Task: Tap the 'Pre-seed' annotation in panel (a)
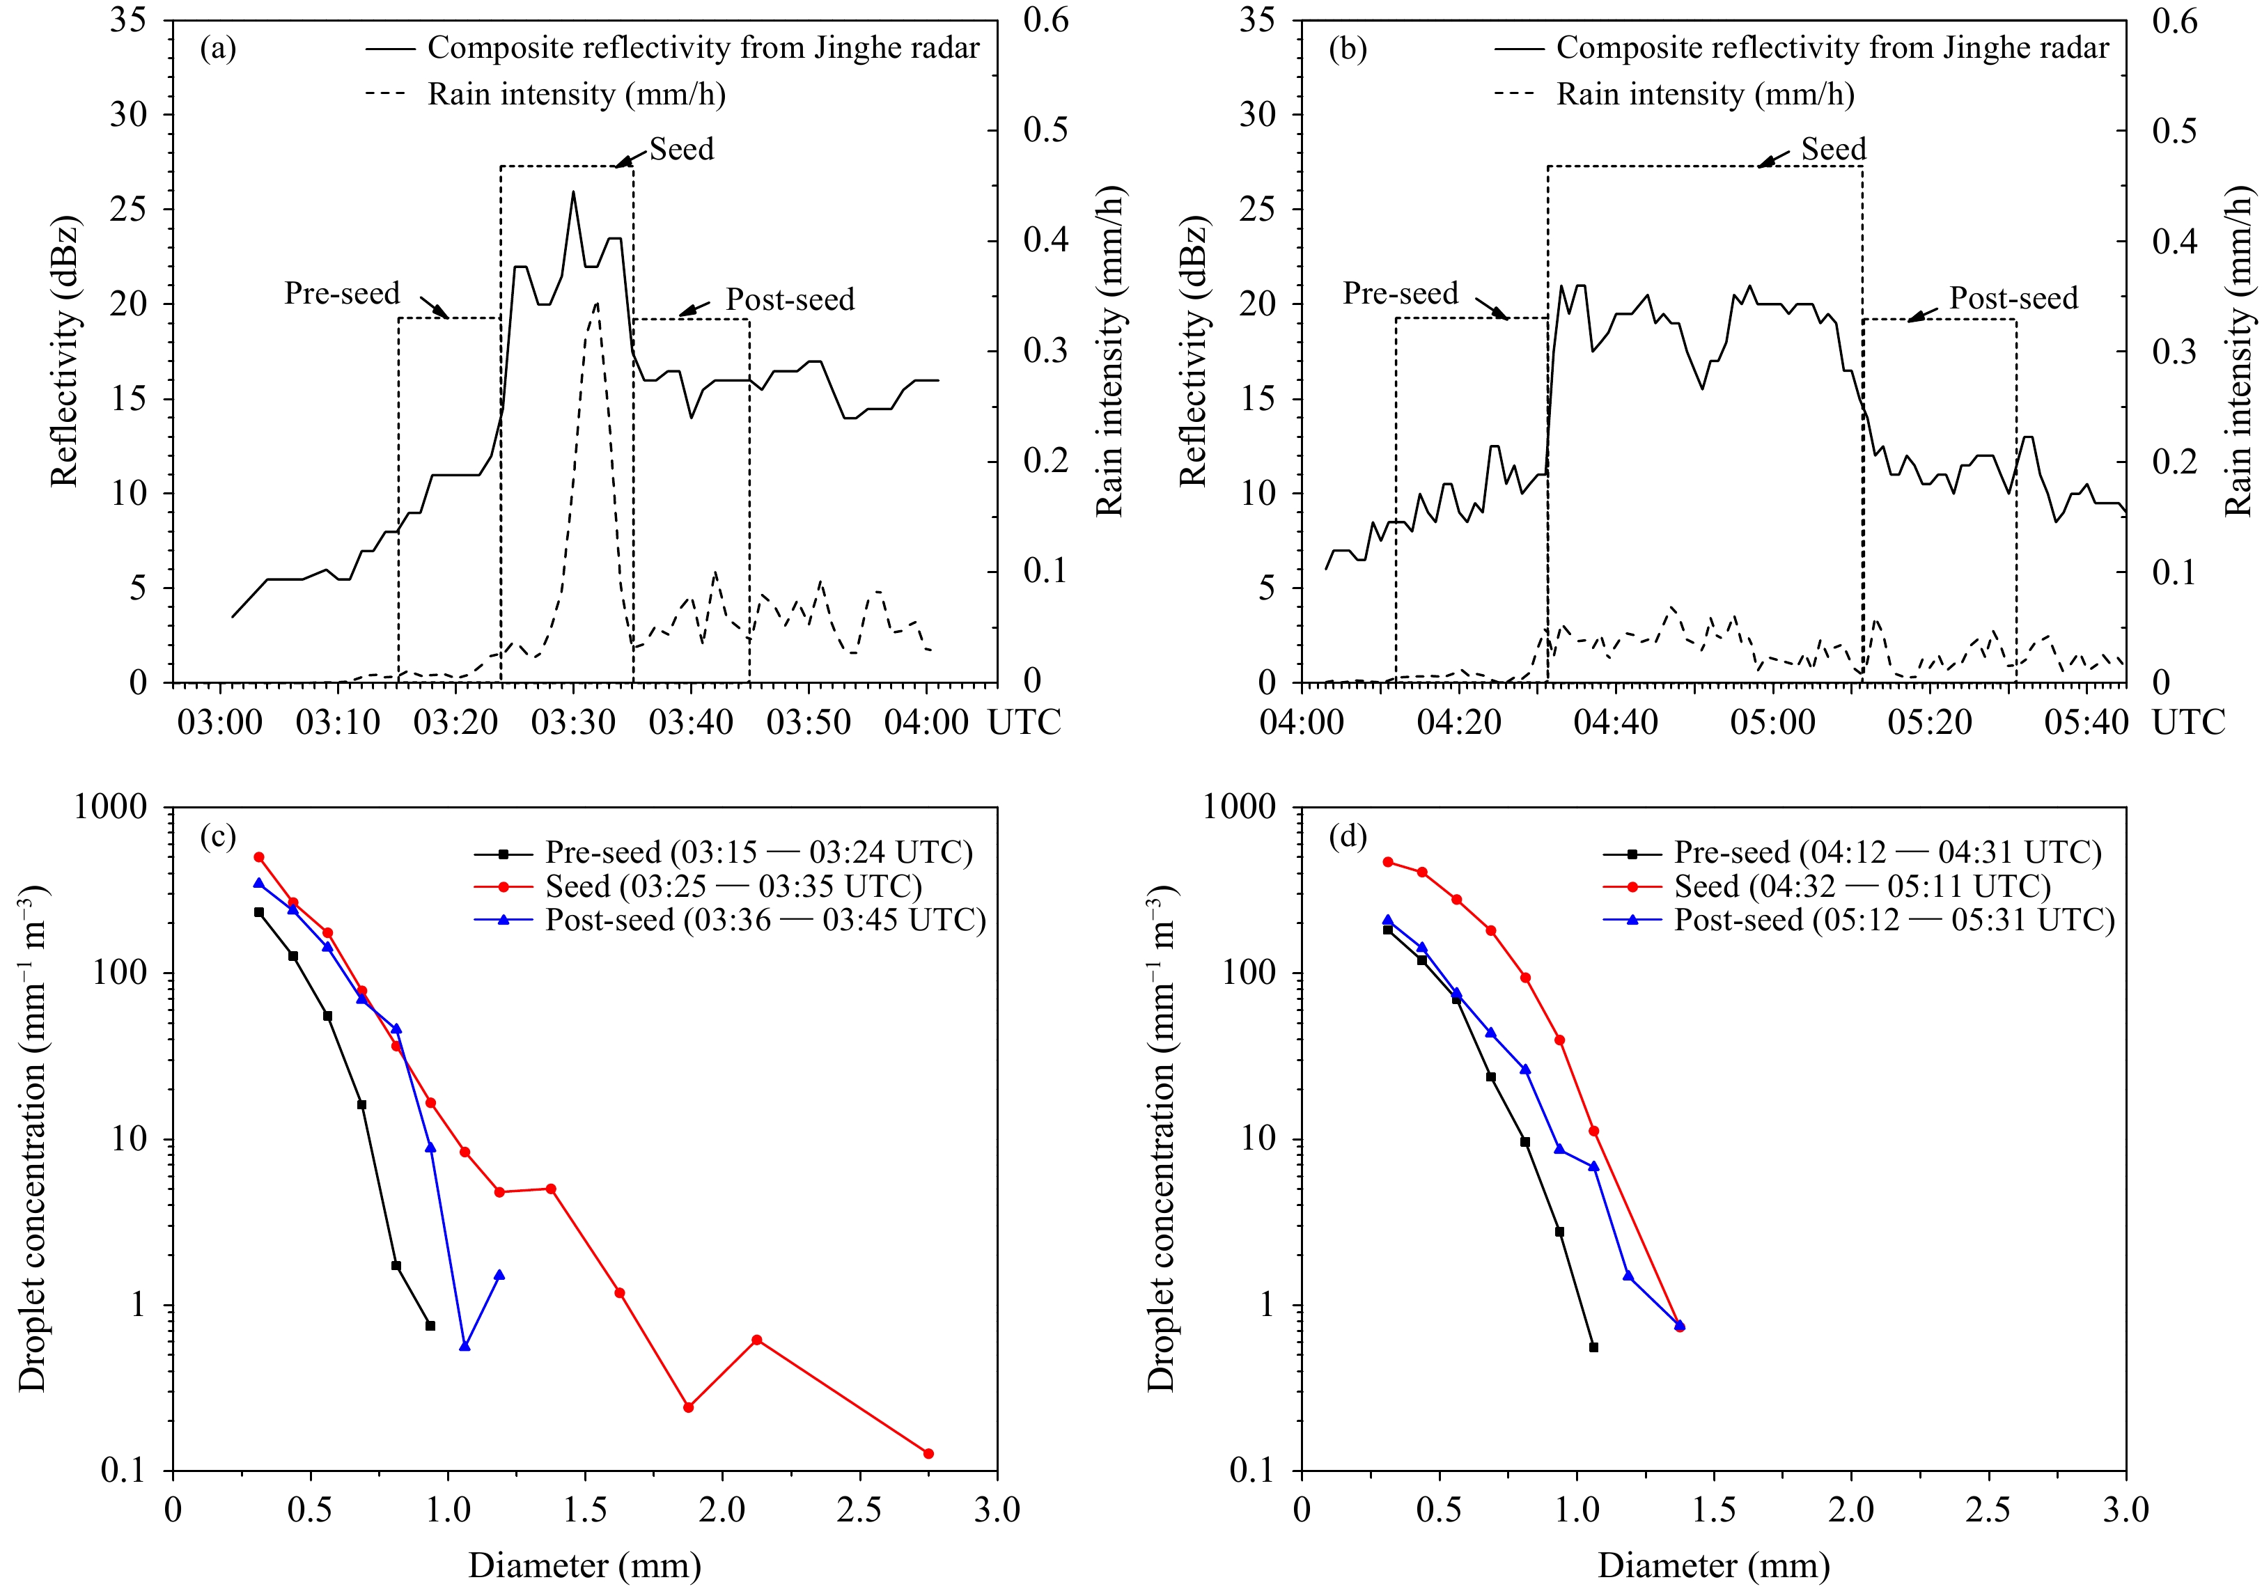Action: click(342, 294)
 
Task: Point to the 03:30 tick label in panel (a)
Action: click(573, 723)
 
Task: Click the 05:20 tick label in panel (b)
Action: click(1929, 723)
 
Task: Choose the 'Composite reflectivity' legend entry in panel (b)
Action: click(1832, 48)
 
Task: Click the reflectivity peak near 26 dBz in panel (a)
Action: click(573, 192)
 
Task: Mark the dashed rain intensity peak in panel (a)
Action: click(597, 302)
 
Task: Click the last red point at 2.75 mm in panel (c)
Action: click(927, 1454)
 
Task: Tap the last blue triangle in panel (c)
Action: click(499, 1276)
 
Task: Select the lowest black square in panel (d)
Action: click(1593, 1347)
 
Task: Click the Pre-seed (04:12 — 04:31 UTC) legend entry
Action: click(1887, 853)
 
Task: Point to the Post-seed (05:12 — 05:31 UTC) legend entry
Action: click(1894, 920)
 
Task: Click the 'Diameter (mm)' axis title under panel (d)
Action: click(1713, 1565)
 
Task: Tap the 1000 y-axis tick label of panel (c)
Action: click(110, 808)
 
